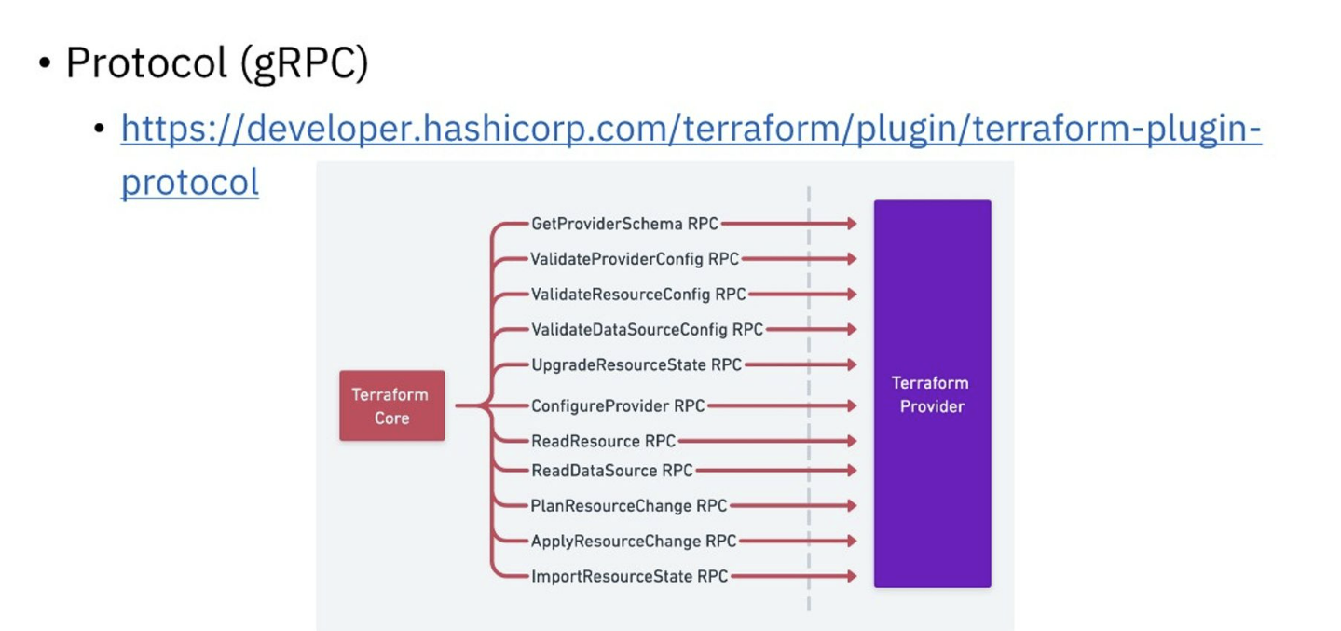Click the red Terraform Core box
point(391,405)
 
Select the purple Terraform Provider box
point(932,394)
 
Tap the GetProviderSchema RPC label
point(624,224)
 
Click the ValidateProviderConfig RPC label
point(634,259)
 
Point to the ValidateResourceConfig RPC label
point(638,295)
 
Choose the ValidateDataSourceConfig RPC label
point(647,329)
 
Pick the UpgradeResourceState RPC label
point(636,364)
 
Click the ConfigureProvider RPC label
point(618,405)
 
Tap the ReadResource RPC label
point(603,441)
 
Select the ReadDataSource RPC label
point(611,471)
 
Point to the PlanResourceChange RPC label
point(629,506)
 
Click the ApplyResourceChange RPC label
point(634,541)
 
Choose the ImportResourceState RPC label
point(629,576)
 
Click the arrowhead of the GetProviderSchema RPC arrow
point(850,224)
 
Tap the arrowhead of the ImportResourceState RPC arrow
point(850,576)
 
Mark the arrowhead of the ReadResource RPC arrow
point(850,441)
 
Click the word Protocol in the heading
point(146,63)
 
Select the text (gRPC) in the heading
point(304,63)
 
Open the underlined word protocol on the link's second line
point(190,182)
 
